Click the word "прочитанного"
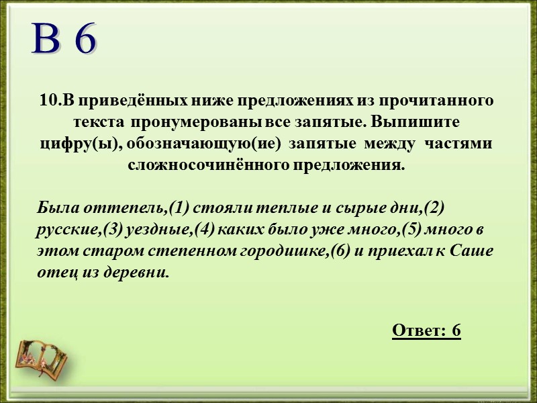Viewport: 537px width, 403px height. [437, 101]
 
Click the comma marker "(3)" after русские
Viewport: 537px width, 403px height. [109, 230]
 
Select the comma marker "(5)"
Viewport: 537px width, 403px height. [409, 230]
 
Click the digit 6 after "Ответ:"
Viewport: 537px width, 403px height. [456, 330]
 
